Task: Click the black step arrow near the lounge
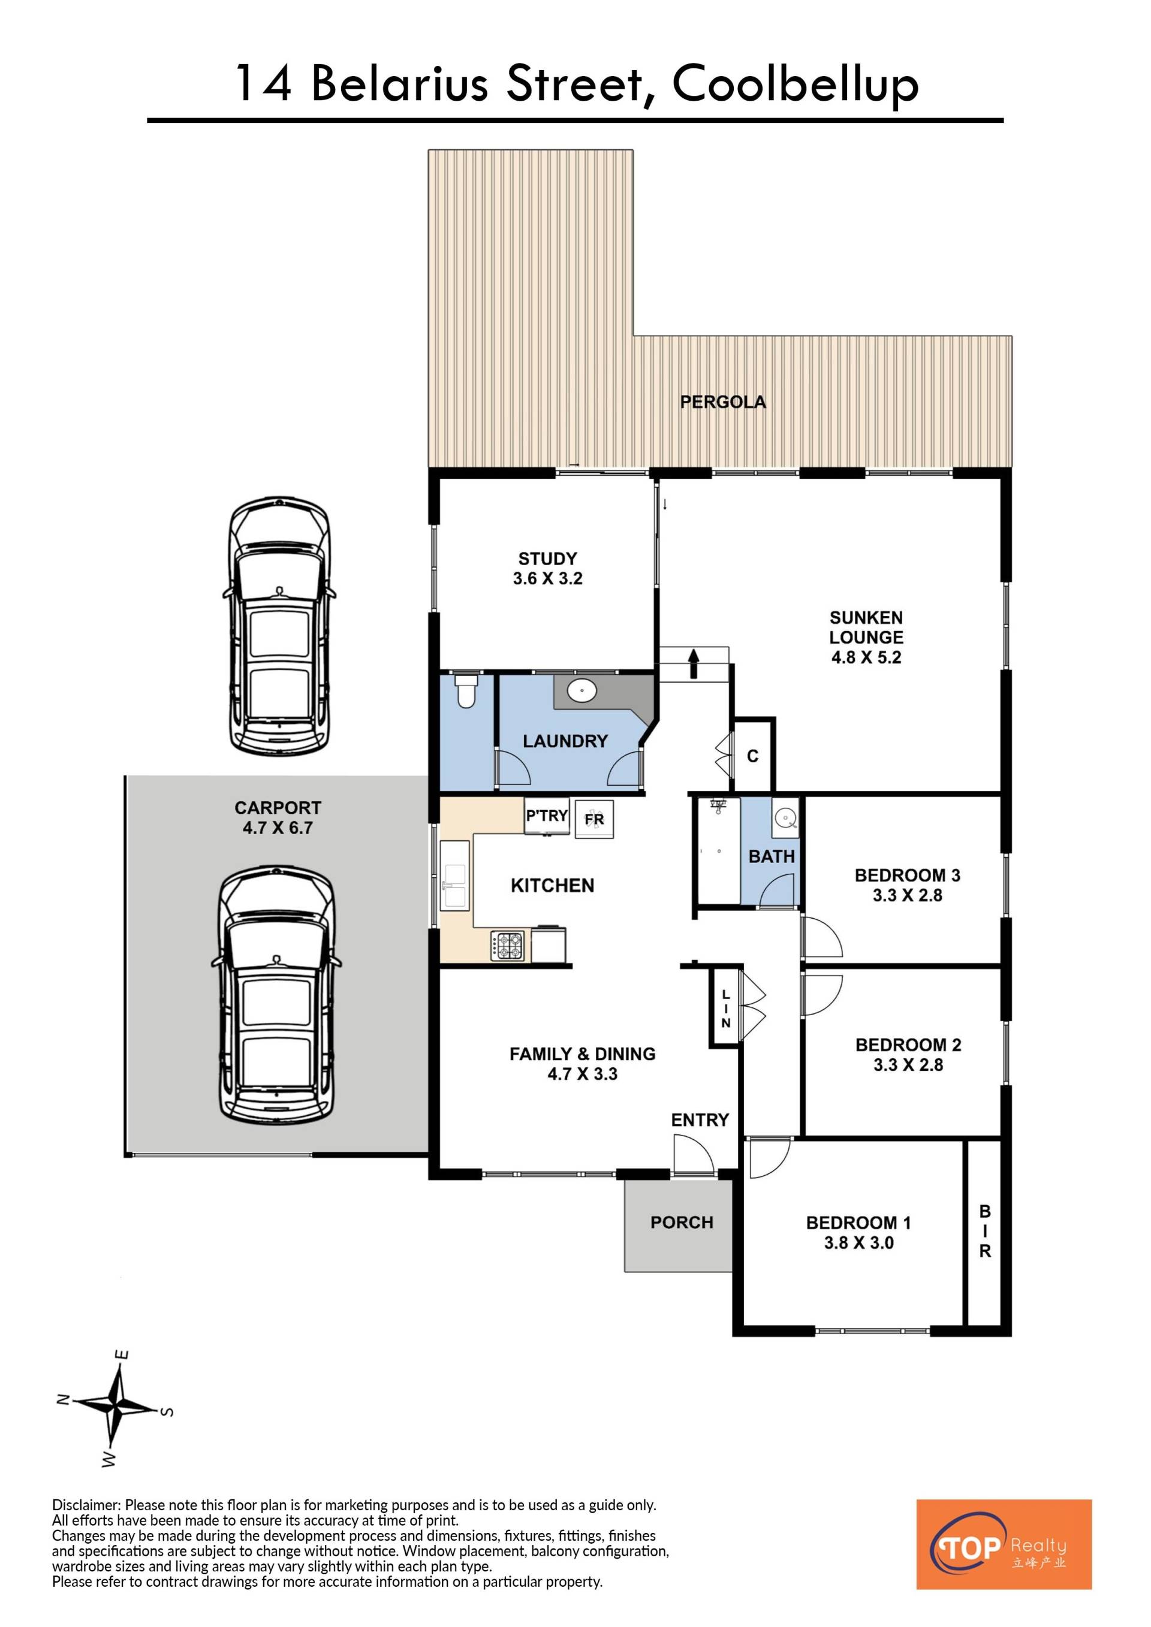click(x=694, y=665)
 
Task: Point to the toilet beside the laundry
click(x=466, y=691)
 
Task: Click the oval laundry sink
click(x=582, y=690)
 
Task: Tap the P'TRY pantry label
click(x=547, y=816)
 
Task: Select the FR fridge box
click(x=594, y=819)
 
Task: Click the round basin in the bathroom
click(x=785, y=818)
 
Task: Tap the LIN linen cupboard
click(x=725, y=1007)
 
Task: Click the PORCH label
click(x=682, y=1222)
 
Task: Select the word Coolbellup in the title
click(x=796, y=86)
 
